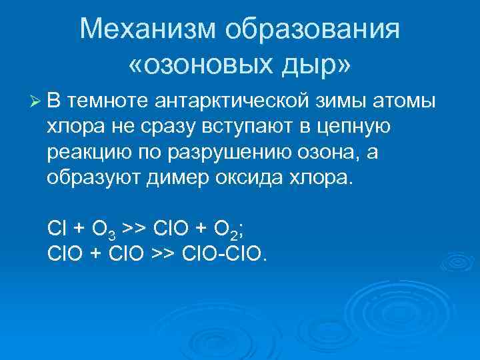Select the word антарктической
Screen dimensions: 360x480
pyautogui.click(x=231, y=101)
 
